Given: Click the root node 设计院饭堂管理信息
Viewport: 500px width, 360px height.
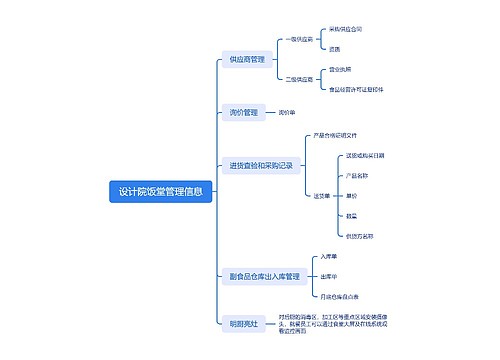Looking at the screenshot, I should pos(160,192).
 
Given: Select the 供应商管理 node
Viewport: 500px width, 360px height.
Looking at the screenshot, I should pos(246,60).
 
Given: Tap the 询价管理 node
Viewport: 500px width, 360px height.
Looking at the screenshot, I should pos(243,112).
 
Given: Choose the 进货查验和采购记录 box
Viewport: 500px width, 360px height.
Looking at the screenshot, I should pos(260,165).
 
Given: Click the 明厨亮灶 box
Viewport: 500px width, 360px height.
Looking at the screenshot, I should pos(243,322).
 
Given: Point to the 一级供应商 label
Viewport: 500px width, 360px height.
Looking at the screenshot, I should pos(298,39).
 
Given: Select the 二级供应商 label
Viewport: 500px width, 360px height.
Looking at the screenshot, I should pos(298,78).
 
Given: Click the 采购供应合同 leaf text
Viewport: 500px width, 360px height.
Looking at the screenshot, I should pos(345,29).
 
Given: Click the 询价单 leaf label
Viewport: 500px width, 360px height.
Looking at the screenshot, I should pos(287,112).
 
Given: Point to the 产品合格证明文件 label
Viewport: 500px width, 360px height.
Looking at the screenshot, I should pos(343,135).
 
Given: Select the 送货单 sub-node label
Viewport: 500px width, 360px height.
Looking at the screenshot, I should pos(322,195).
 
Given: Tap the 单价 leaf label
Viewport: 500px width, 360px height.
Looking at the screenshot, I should pos(351,196).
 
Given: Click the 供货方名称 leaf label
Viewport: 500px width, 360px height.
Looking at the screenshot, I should pos(359,236).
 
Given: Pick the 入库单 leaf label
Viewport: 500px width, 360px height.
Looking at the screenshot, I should pos(329,256).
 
